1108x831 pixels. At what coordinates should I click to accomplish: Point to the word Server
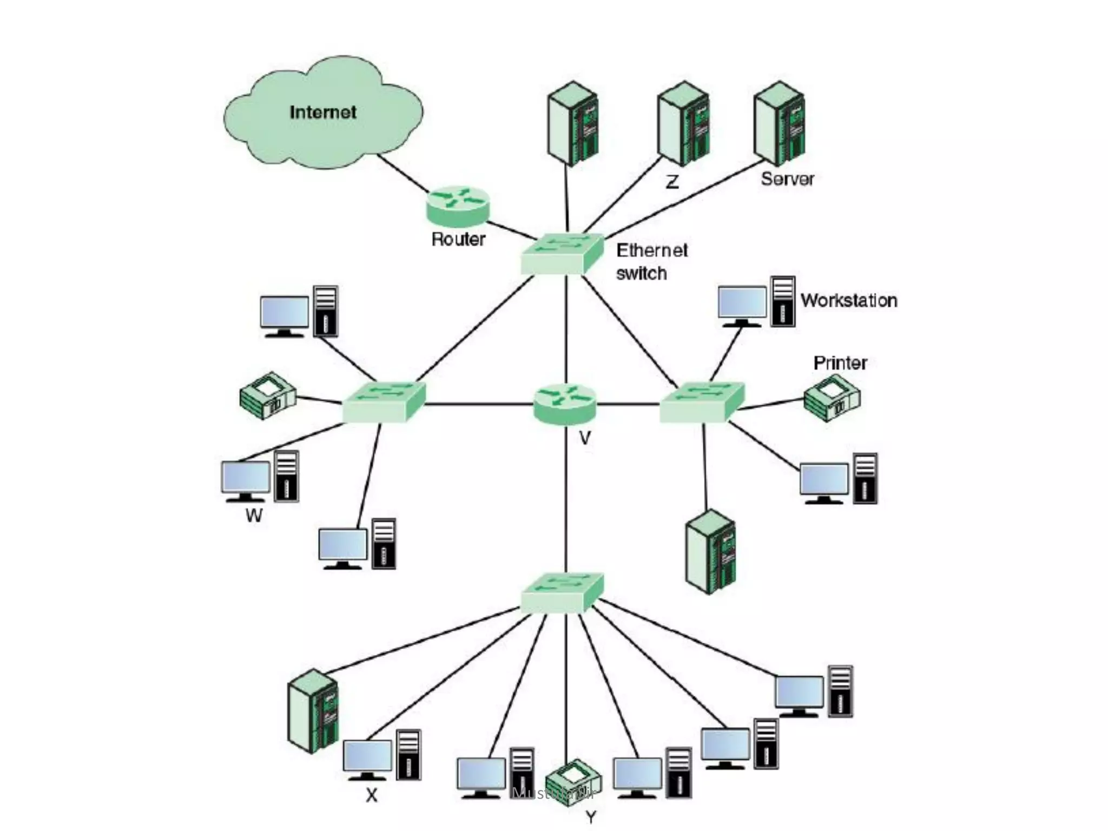point(787,179)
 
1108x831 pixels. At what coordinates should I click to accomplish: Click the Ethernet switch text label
point(651,262)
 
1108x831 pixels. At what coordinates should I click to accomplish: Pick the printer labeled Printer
point(832,398)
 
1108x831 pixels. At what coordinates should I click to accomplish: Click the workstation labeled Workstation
point(756,302)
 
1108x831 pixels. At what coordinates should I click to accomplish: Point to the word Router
point(458,239)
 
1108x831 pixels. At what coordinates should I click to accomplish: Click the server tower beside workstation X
point(313,711)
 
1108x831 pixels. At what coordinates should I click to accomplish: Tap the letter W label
point(254,516)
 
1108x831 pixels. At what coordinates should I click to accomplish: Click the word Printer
point(840,363)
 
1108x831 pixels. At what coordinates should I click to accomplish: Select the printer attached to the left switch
point(268,395)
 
